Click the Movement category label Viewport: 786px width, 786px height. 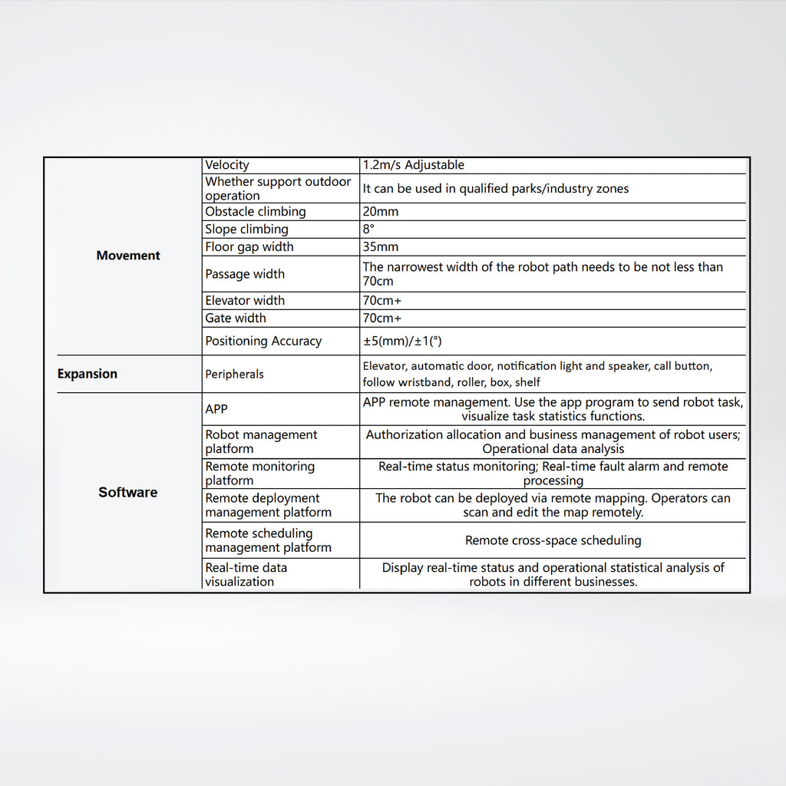(x=128, y=256)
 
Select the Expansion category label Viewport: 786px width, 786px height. (x=88, y=375)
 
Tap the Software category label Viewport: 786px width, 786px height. (x=127, y=493)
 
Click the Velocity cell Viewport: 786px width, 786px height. (x=227, y=165)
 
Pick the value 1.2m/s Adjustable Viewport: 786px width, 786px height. (x=414, y=165)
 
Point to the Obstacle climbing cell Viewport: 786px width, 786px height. (x=255, y=212)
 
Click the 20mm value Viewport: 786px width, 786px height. (x=381, y=212)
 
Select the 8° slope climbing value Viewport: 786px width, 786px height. (x=368, y=230)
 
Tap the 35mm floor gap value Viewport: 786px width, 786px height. (x=381, y=247)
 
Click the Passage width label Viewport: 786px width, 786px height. (x=244, y=274)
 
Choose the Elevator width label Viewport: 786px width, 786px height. (x=244, y=301)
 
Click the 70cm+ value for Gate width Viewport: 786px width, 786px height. (x=382, y=319)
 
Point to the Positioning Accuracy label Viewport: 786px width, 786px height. (x=263, y=342)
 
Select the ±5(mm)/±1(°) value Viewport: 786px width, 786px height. (x=402, y=342)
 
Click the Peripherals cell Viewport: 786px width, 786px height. (x=234, y=375)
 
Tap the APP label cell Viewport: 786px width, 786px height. (x=216, y=410)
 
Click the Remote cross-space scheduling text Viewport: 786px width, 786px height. (x=553, y=540)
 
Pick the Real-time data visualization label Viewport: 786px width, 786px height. (x=246, y=575)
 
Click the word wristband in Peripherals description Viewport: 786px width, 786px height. (x=426, y=382)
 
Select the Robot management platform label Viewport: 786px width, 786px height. (x=260, y=442)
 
